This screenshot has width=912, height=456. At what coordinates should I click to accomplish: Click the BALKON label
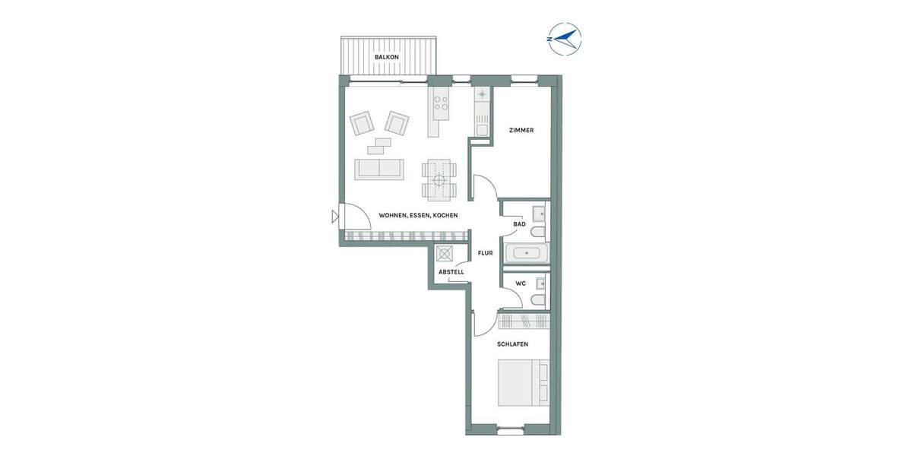386,58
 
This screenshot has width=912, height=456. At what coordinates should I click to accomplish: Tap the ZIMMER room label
521,130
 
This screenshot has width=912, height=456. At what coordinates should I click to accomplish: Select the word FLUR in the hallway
485,253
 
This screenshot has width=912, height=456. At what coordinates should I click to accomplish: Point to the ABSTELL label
451,272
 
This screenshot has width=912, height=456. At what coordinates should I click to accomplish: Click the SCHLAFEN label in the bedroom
512,344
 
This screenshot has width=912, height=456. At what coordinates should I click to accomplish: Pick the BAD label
520,224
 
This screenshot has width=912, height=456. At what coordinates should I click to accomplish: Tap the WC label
521,283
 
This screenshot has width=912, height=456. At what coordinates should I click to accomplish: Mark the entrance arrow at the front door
335,217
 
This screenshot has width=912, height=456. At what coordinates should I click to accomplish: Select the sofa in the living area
379,169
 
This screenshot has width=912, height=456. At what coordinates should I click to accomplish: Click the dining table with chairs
440,179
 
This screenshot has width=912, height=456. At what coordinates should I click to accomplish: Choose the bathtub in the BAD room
527,252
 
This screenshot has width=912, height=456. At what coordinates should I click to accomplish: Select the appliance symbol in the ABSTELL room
445,255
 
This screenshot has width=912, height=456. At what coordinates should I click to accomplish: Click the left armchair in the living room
362,123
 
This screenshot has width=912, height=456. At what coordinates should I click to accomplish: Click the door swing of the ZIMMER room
484,187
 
